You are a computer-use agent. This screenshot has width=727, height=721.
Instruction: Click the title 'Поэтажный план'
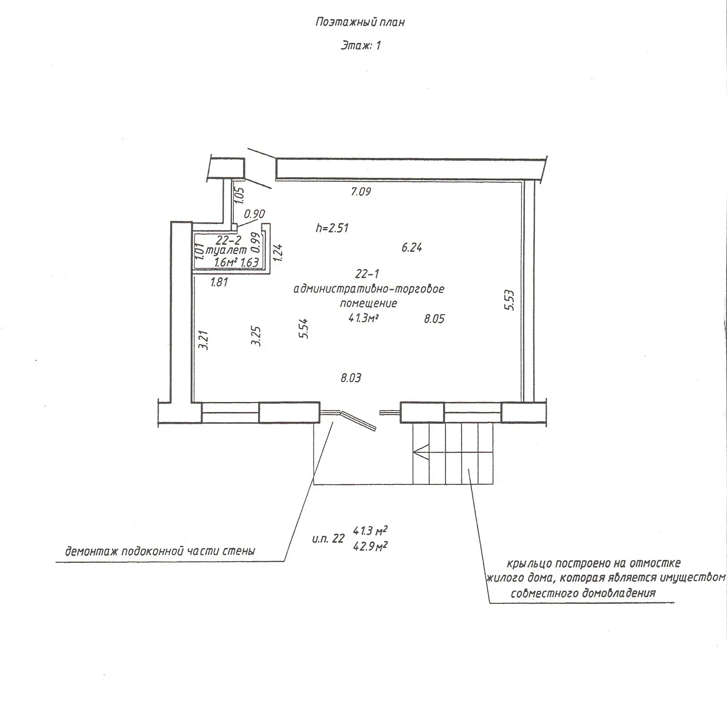point(360,22)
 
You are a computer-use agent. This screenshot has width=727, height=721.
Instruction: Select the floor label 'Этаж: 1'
point(360,46)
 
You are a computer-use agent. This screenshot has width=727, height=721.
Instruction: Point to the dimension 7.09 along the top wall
point(361,192)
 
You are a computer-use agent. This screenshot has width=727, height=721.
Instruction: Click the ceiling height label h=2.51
point(332,228)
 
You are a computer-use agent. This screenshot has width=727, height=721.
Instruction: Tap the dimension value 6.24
point(412,248)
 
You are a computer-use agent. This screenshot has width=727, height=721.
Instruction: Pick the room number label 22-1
point(367,274)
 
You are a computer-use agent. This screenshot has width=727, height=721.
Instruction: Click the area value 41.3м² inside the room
point(367,318)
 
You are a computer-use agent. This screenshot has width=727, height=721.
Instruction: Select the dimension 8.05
point(434,319)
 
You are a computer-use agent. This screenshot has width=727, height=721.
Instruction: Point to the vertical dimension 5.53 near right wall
point(510,300)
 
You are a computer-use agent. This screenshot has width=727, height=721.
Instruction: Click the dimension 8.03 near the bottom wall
point(350,378)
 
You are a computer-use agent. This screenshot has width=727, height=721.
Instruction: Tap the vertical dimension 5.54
point(303,329)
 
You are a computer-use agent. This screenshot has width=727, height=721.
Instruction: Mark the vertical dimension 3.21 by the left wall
point(204,339)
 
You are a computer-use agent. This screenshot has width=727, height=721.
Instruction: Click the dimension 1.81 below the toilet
point(219,282)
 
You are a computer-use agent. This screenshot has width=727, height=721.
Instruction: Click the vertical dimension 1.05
point(239,195)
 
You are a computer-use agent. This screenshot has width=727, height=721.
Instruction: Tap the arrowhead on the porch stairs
point(420,452)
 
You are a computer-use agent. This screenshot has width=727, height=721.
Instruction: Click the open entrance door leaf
point(359,420)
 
